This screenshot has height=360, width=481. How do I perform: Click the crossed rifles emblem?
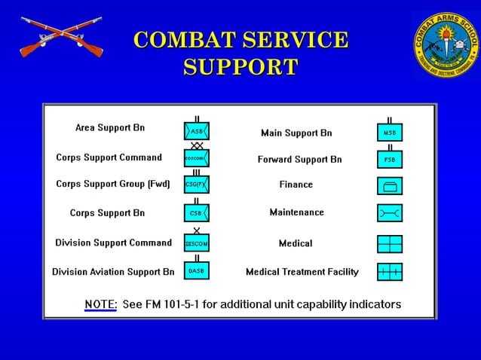coord(60,37)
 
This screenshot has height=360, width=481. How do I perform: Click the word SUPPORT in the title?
coord(240,67)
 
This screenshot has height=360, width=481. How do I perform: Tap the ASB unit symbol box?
coord(196,131)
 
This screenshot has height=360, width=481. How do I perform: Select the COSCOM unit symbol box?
coord(196,158)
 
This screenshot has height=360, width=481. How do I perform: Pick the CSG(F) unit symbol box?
coord(196,185)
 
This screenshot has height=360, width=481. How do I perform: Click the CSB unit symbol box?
coord(196,213)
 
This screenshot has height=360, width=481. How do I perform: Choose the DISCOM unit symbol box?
coord(196,243)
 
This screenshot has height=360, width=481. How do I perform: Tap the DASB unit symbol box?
coord(196,270)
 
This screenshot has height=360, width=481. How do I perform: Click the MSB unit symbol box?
coord(389,133)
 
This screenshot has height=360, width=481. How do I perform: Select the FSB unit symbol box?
coord(389,160)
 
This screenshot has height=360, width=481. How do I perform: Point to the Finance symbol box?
coord(389,185)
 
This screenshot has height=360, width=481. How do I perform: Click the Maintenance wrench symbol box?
coord(389,213)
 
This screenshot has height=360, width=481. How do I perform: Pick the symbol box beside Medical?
coord(389,244)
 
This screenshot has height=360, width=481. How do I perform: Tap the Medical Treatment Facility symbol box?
coord(389,271)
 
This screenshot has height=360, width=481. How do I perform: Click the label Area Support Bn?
coord(110,128)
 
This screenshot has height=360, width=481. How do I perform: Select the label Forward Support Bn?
coord(299,160)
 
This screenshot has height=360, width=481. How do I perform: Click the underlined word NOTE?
coord(100,304)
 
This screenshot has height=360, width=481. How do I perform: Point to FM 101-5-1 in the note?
coord(182,304)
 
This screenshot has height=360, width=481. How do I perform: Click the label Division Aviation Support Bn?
coord(113,272)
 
